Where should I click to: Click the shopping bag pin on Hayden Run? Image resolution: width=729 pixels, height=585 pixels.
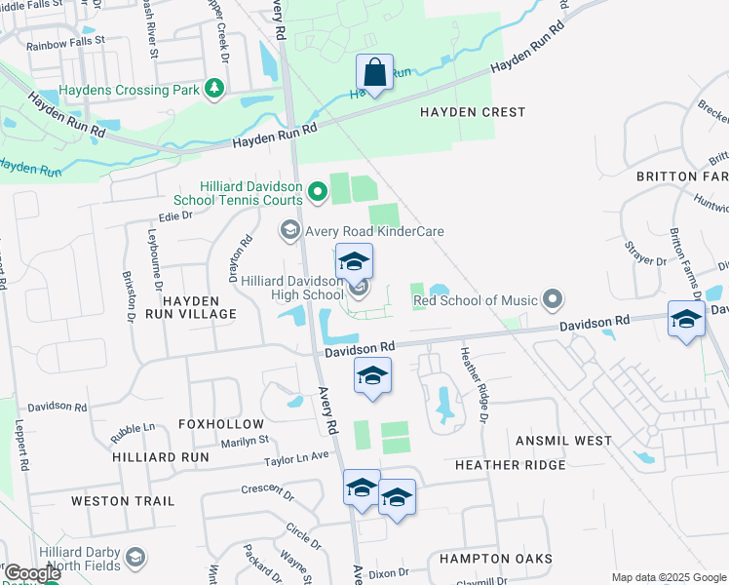[374, 72]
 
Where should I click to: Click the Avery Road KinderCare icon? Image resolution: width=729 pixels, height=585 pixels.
[289, 231]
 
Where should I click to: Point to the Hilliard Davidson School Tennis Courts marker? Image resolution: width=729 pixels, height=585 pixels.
[316, 189]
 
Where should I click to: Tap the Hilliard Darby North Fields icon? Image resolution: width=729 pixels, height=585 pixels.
[134, 559]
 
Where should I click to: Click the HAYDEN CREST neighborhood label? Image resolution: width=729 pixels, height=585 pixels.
[473, 112]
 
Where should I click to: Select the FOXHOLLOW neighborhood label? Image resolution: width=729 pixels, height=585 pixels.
[221, 424]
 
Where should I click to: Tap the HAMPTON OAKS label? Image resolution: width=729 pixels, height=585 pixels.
[495, 559]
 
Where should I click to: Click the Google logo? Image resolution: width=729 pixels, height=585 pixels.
[31, 573]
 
